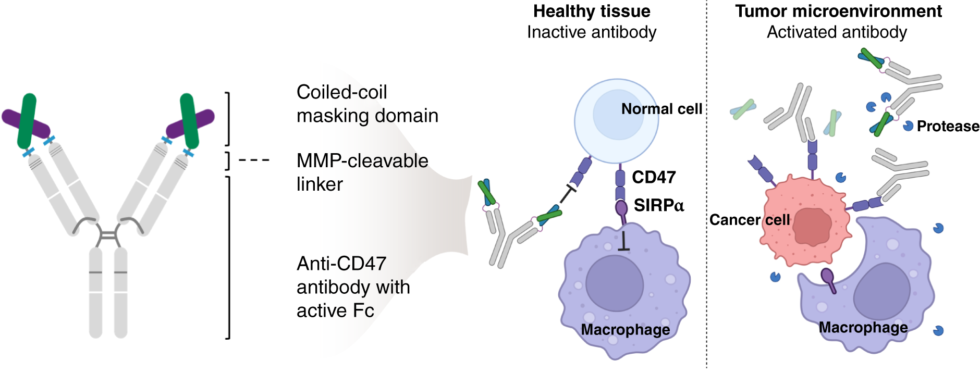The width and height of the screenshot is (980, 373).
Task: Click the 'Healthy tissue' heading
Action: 592,11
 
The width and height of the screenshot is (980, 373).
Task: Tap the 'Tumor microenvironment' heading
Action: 838,11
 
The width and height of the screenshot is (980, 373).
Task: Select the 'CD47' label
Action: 654,178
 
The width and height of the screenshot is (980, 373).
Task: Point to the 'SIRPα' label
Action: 658,206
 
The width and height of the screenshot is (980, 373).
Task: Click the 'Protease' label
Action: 948,127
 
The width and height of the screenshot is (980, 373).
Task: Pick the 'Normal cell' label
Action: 661,109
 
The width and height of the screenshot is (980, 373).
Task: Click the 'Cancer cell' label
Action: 750,220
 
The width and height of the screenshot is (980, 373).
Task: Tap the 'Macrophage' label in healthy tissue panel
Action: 625,330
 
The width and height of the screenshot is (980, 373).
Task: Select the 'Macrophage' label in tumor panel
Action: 863,328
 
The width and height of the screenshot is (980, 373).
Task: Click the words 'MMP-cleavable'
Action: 362,161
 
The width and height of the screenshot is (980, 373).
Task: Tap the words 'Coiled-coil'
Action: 341,92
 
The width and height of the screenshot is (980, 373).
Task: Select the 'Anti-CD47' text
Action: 341,264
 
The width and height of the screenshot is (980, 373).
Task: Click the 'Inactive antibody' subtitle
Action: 592,32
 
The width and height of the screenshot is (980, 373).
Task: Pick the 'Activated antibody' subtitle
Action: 837,32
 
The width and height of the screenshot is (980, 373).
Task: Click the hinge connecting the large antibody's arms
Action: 108,236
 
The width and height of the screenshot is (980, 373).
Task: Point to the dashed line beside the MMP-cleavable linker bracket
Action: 254,160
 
